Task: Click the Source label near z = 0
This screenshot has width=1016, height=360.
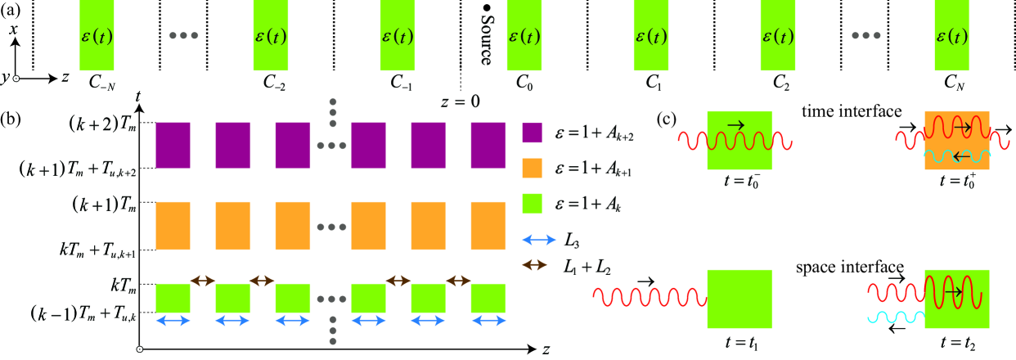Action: pyautogui.click(x=485, y=38)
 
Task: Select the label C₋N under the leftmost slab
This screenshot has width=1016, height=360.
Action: pyautogui.click(x=96, y=82)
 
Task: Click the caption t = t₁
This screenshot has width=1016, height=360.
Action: pyautogui.click(x=740, y=344)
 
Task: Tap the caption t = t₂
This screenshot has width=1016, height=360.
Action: pyautogui.click(x=956, y=344)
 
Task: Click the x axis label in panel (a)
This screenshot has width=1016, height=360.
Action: pyautogui.click(x=13, y=29)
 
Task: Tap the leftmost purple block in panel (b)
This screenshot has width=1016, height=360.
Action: pyautogui.click(x=173, y=145)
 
